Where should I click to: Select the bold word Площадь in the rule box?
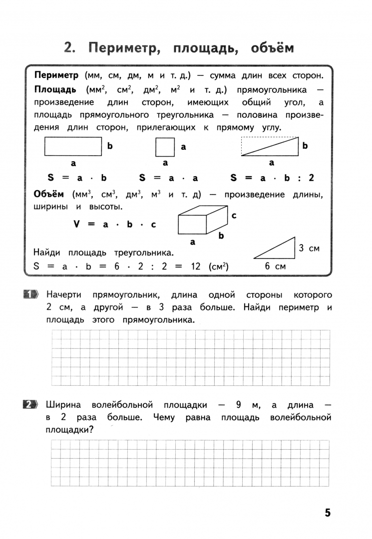point(55,89)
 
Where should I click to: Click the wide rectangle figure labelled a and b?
point(73,147)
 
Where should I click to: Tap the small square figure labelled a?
point(165,147)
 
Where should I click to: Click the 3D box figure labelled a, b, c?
point(203,221)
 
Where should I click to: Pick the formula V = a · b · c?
point(115,224)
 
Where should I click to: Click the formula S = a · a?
point(168,178)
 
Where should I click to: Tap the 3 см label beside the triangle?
point(309,248)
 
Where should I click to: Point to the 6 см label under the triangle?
point(274,267)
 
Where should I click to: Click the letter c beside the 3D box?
point(234,215)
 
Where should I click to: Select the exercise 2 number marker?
point(31,404)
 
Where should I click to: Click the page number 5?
point(328,513)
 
